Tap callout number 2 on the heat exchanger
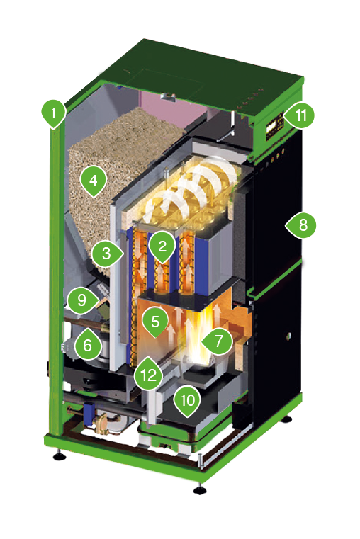click(x=162, y=246)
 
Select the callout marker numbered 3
click(x=107, y=254)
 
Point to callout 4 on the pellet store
click(x=93, y=180)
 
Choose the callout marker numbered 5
click(x=155, y=322)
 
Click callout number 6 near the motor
click(x=88, y=344)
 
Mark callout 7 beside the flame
click(x=218, y=341)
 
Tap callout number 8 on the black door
click(x=302, y=225)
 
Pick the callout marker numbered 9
click(x=82, y=300)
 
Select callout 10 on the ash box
click(x=187, y=400)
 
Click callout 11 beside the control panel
click(x=300, y=115)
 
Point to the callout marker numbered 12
click(x=148, y=375)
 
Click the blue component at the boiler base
click(x=90, y=412)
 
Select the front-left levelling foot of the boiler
click(x=60, y=456)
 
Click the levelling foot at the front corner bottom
click(x=199, y=489)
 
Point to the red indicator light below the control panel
click(x=283, y=151)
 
